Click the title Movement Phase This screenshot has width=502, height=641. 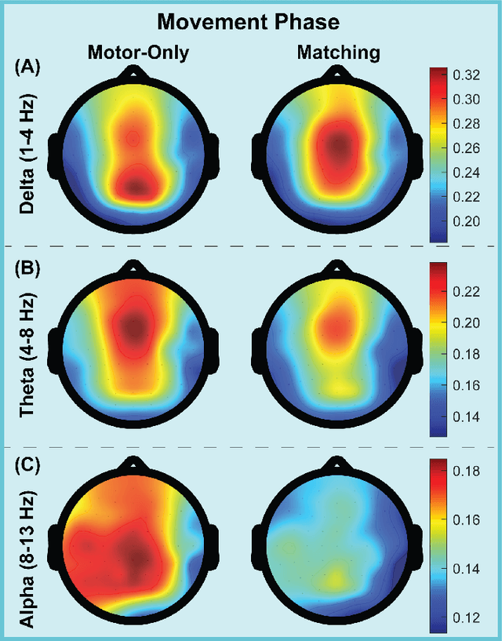[250, 20]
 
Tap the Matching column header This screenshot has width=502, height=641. [339, 53]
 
